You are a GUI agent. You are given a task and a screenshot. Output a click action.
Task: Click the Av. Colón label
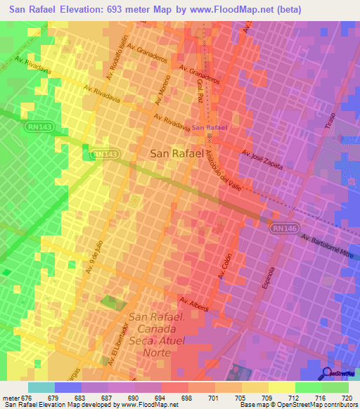coord(224,266)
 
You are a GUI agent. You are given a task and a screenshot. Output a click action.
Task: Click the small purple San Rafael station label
coord(210,128)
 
